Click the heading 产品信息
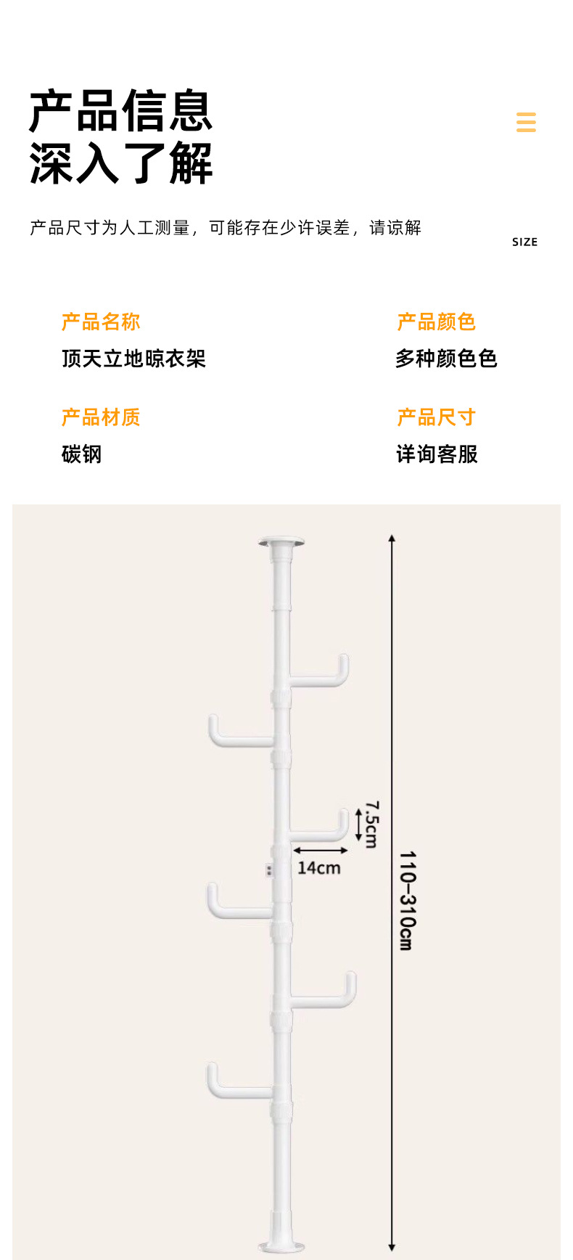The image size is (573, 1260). pyautogui.click(x=120, y=111)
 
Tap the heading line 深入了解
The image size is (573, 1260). pyautogui.click(x=120, y=163)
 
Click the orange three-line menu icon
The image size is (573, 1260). pyautogui.click(x=526, y=122)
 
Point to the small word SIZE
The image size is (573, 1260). pyautogui.click(x=524, y=242)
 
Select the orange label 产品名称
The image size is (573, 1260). pyautogui.click(x=101, y=322)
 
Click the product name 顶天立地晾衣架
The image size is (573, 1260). pyautogui.click(x=133, y=359)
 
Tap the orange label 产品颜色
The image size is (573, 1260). pyautogui.click(x=436, y=322)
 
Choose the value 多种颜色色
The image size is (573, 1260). pyautogui.click(x=446, y=359)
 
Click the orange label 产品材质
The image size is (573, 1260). pyautogui.click(x=101, y=417)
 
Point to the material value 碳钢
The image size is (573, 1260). pyautogui.click(x=81, y=454)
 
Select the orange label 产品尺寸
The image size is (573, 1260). pyautogui.click(x=436, y=417)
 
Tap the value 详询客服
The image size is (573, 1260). pyautogui.click(x=437, y=454)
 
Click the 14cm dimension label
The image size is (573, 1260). pyautogui.click(x=318, y=868)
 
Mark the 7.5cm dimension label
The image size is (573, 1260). pyautogui.click(x=371, y=825)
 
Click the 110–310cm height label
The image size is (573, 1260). pyautogui.click(x=407, y=901)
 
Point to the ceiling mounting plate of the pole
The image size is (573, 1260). pyautogui.click(x=281, y=542)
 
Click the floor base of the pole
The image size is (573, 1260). pyautogui.click(x=281, y=1245)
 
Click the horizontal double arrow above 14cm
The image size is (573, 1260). pyautogui.click(x=321, y=850)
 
